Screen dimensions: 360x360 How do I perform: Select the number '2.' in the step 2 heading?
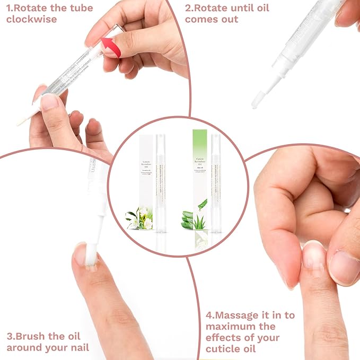(x=189, y=8)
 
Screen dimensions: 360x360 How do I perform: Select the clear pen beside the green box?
(x=215, y=183)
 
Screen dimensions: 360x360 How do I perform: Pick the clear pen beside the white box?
(x=161, y=183)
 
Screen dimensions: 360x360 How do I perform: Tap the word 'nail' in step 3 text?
(x=77, y=347)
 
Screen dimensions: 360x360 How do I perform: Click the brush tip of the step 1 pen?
(x=23, y=121)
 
